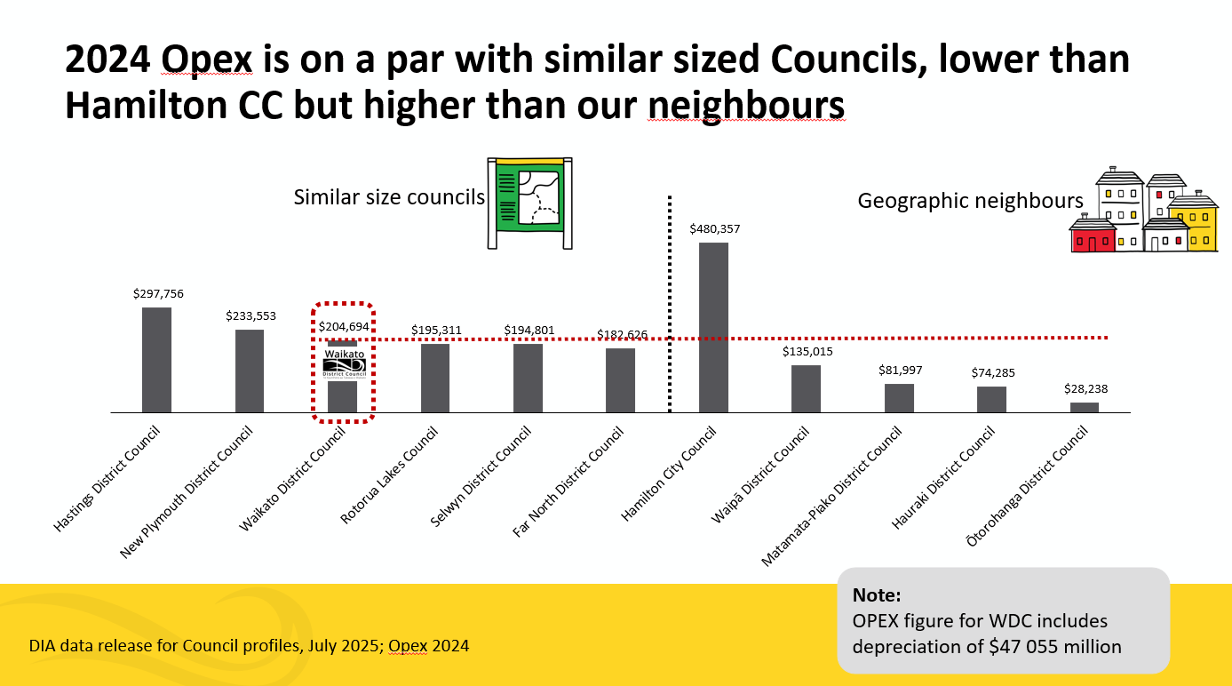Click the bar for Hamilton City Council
coord(714,327)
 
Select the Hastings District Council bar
coord(156,360)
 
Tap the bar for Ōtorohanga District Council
coord(1084,408)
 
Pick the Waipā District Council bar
coord(806,389)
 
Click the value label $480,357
coord(714,229)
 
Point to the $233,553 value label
coord(250,315)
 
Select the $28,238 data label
coord(1085,389)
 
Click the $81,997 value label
coord(899,370)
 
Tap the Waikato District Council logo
coord(344,363)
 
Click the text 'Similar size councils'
coord(389,196)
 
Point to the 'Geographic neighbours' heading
coord(970,201)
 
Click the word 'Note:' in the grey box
coord(877,594)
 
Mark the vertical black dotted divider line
coord(669,302)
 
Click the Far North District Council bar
coord(620,380)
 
